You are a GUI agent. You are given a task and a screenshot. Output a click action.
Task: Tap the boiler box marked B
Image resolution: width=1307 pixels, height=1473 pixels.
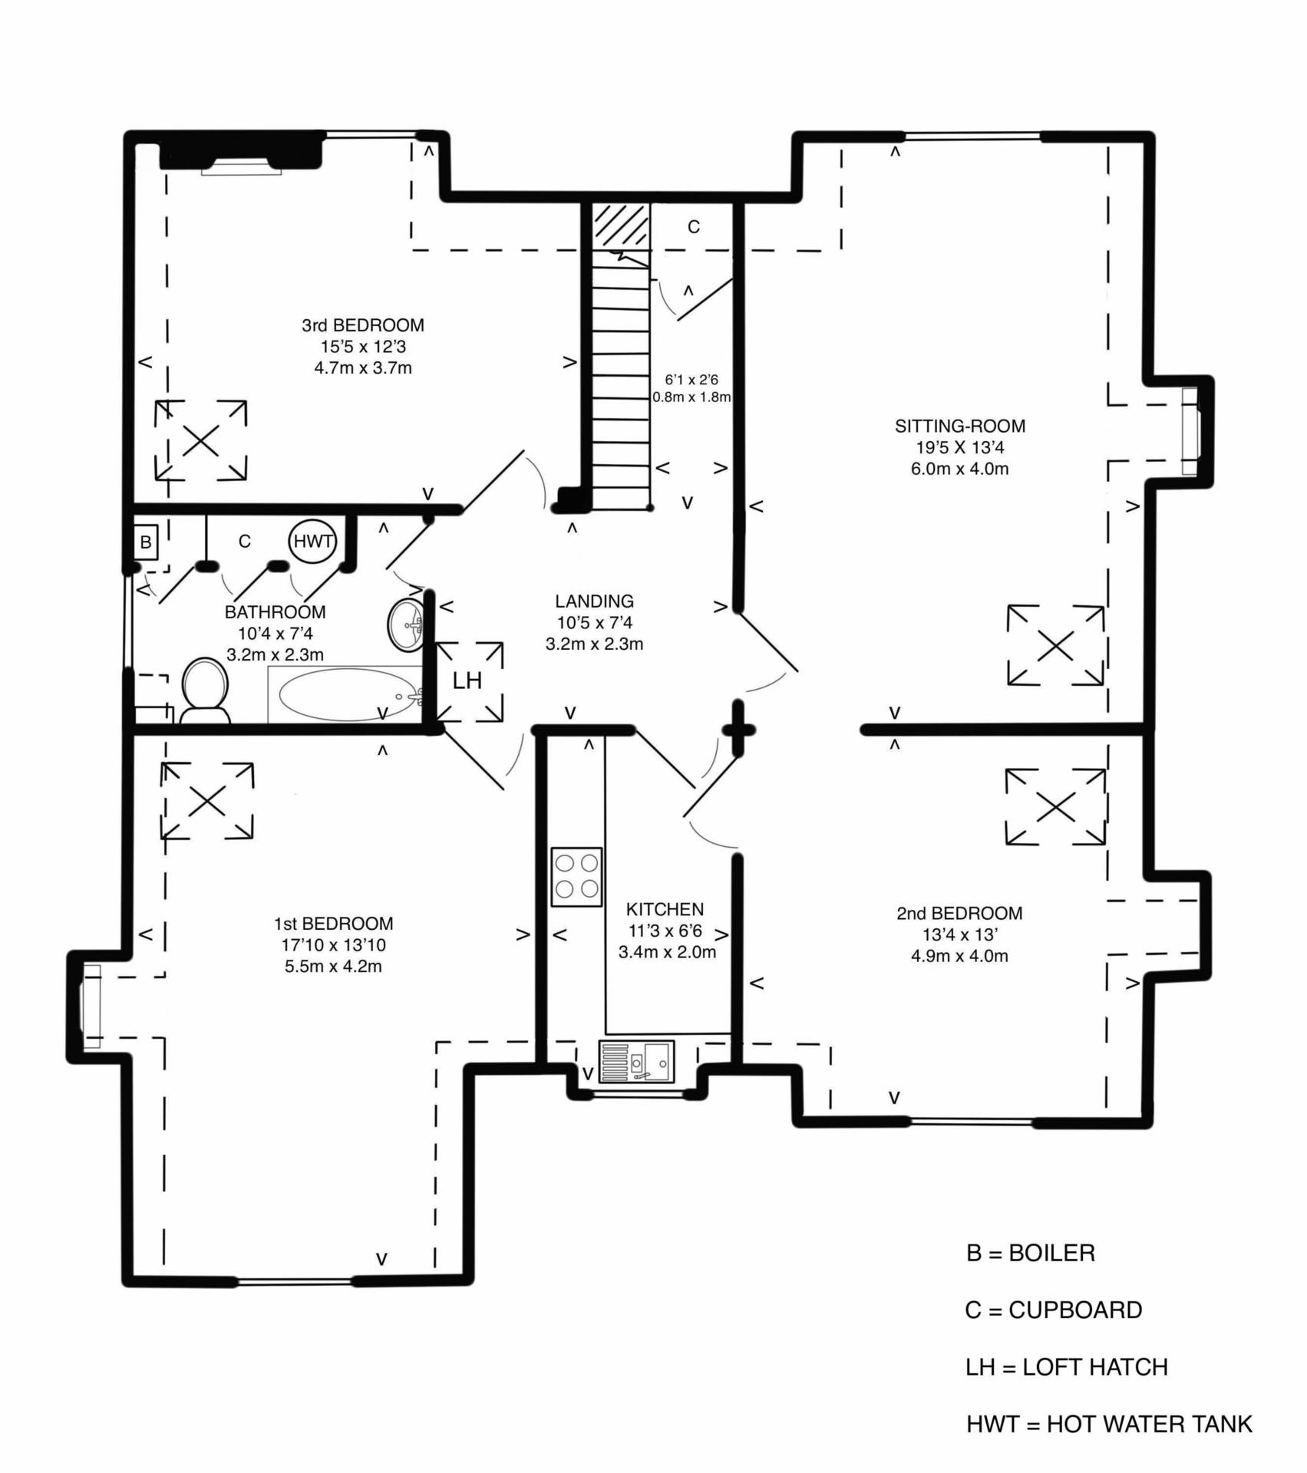pyautogui.click(x=145, y=543)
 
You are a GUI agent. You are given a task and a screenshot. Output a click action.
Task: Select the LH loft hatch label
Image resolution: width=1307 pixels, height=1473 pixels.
pyautogui.click(x=467, y=680)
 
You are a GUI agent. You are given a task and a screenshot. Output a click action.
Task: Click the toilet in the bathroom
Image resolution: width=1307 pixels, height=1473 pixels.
pyautogui.click(x=205, y=691)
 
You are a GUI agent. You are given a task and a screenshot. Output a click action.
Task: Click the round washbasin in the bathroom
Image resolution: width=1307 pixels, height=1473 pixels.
pyautogui.click(x=405, y=624)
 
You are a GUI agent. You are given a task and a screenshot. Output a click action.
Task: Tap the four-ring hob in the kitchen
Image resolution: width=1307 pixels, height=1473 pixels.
pyautogui.click(x=576, y=877)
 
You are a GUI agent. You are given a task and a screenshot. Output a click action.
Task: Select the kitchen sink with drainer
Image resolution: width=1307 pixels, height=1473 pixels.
pyautogui.click(x=636, y=1062)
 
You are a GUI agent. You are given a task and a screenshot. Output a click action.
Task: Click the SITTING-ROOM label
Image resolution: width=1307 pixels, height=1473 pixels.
pyautogui.click(x=959, y=426)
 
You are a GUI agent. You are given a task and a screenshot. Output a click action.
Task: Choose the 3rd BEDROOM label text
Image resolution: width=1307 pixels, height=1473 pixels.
pyautogui.click(x=363, y=325)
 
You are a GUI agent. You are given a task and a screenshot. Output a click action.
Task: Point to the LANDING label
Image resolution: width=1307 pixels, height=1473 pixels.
pyautogui.click(x=595, y=601)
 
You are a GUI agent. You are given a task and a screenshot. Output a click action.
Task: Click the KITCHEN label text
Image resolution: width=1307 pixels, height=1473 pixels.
pyautogui.click(x=665, y=909)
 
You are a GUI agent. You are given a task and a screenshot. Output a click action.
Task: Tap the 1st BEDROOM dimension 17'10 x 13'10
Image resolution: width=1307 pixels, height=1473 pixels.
pyautogui.click(x=333, y=945)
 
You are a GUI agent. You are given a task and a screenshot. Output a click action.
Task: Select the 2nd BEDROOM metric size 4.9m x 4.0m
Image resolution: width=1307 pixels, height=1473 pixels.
pyautogui.click(x=959, y=956)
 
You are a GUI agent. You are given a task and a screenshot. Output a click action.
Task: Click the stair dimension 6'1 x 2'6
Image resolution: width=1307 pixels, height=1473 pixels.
pyautogui.click(x=691, y=379)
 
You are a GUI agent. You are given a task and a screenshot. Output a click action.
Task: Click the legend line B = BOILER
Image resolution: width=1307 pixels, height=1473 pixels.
pyautogui.click(x=1031, y=1253)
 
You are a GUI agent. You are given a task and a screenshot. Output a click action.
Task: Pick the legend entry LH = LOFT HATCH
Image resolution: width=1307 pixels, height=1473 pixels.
pyautogui.click(x=1067, y=1367)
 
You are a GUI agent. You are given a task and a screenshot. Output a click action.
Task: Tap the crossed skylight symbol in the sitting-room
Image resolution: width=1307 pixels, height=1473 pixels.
pyautogui.click(x=1055, y=645)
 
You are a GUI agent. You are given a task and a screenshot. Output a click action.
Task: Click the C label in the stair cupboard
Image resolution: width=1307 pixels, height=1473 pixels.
pyautogui.click(x=694, y=227)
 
